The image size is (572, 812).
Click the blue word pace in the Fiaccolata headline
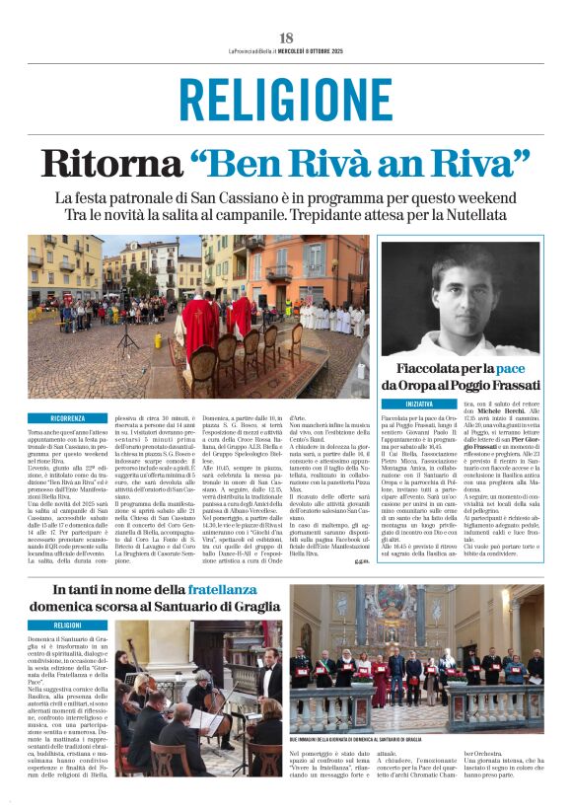(523, 368)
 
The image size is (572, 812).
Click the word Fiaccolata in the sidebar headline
(441, 368)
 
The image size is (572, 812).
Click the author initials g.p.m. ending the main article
(361, 560)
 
